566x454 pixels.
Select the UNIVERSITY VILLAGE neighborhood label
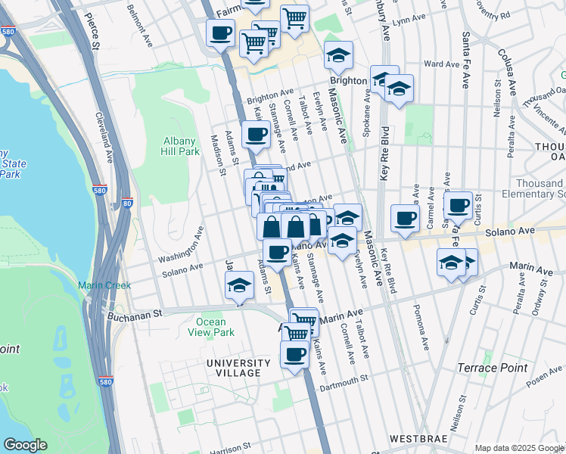click(238, 368)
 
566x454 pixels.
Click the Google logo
click(25, 445)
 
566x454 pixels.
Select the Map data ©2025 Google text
click(519, 448)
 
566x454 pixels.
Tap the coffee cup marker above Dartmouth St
click(294, 353)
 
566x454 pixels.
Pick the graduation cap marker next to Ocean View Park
click(239, 286)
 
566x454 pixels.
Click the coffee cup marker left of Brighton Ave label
click(256, 135)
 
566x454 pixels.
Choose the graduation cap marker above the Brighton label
click(338, 54)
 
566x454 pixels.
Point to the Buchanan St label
click(135, 315)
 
